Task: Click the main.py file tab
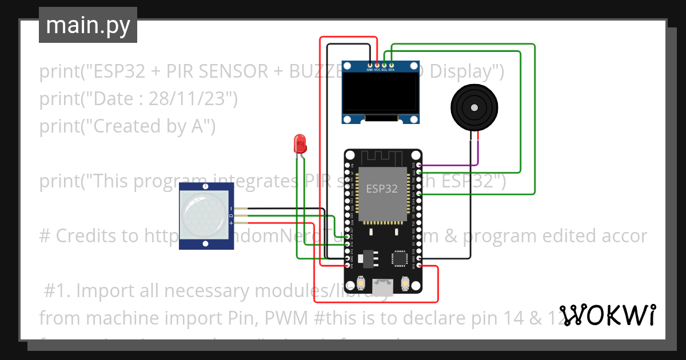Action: pos(87,25)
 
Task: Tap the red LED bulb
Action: pos(300,143)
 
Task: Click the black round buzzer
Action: pos(474,107)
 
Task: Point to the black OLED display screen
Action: pos(380,93)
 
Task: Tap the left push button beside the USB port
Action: pos(361,282)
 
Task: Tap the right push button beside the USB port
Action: pos(405,282)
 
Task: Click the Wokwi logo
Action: pos(607,315)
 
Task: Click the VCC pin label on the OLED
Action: pos(377,70)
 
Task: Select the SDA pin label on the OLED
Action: pos(392,70)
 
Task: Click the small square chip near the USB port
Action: pos(400,258)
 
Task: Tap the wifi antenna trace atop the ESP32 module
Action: pos(382,157)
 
